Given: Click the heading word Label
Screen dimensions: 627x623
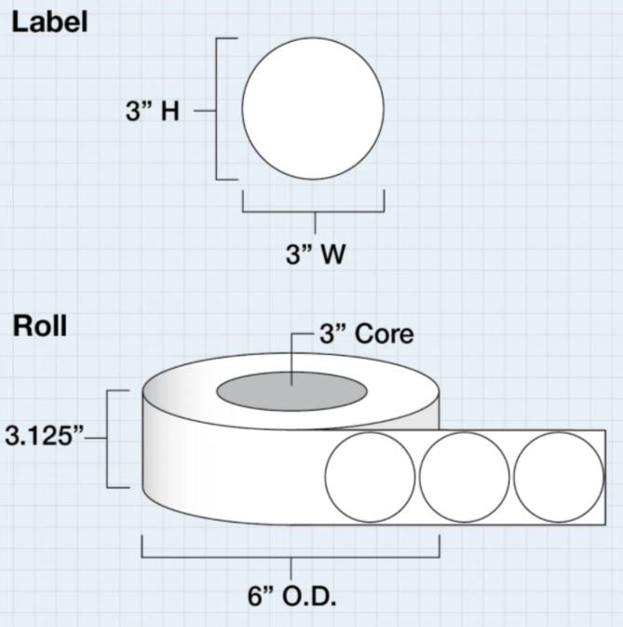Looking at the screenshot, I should pyautogui.click(x=49, y=22).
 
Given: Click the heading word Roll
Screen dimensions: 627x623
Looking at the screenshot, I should pyautogui.click(x=38, y=327).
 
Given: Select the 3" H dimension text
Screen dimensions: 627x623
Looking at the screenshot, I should pyautogui.click(x=152, y=111).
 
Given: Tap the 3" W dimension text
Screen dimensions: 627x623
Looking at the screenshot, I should pyautogui.click(x=315, y=254).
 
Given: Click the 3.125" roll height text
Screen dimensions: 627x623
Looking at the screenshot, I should pyautogui.click(x=43, y=436).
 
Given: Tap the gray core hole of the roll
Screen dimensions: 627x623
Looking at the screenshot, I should pyautogui.click(x=291, y=390).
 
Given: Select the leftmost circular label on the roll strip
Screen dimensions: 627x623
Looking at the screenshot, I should pyautogui.click(x=371, y=476).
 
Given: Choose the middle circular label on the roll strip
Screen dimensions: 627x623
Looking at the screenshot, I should pyautogui.click(x=464, y=476).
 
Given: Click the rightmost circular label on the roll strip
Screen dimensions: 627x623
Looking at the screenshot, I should pyautogui.click(x=559, y=476).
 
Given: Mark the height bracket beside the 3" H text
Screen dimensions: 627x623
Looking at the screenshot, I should pyautogui.click(x=218, y=109).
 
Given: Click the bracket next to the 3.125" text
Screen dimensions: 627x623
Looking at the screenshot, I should pyautogui.click(x=110, y=438).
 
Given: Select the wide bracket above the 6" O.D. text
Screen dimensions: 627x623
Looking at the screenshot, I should pyautogui.click(x=291, y=556).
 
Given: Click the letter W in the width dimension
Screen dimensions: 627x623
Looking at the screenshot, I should pyautogui.click(x=332, y=254).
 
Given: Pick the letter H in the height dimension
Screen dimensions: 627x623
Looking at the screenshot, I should pyautogui.click(x=170, y=111).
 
